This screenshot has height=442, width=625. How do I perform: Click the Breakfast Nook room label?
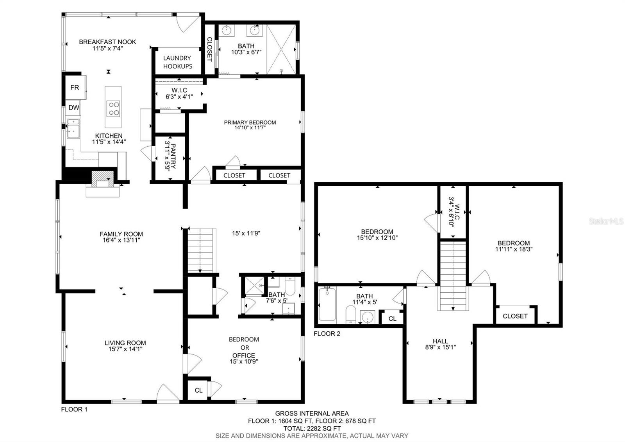click(x=107, y=42)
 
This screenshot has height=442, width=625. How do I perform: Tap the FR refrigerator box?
click(x=75, y=88)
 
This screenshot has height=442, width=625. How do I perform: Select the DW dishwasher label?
click(x=74, y=108)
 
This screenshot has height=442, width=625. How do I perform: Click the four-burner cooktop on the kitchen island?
click(x=113, y=108)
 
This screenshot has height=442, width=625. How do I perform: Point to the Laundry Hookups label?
click(x=177, y=62)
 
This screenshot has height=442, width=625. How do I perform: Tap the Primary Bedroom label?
click(x=250, y=122)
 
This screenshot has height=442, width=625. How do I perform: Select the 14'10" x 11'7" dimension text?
click(x=250, y=128)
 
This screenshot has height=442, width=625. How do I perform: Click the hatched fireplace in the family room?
click(x=103, y=179)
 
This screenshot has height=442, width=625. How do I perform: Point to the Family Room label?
click(x=121, y=234)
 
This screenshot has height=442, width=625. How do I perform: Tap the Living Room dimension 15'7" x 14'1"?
click(x=125, y=349)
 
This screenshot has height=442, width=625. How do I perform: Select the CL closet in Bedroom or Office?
click(x=199, y=390)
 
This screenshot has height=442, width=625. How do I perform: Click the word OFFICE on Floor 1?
click(x=244, y=356)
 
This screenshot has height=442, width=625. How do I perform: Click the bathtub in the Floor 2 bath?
click(x=327, y=304)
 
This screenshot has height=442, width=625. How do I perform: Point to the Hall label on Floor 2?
click(x=440, y=341)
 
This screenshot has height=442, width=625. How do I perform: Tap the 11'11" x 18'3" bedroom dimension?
click(x=514, y=249)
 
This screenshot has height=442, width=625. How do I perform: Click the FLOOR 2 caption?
click(x=327, y=334)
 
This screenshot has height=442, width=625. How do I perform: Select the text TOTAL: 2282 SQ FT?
click(x=312, y=428)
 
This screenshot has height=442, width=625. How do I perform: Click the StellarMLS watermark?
click(x=606, y=221)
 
